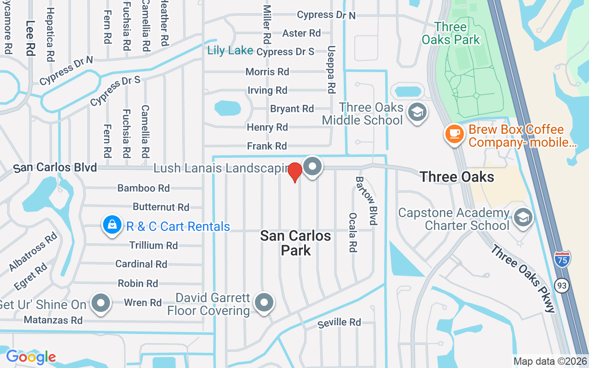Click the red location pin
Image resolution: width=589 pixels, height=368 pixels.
[295, 172]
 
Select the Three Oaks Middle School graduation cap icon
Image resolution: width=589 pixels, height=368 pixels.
[417, 112]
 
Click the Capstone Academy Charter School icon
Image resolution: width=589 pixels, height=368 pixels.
[523, 218]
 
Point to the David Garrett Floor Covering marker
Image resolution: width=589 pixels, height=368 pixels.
[264, 303]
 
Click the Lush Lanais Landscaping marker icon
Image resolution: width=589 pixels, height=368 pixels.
[313, 167]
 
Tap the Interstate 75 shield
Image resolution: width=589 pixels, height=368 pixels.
[562, 259]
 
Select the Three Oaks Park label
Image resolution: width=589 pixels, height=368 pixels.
[450, 33]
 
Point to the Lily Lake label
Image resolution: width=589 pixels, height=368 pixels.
[230, 50]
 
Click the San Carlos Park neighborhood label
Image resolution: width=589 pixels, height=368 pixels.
[295, 243]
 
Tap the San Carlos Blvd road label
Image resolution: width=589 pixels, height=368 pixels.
[55, 168]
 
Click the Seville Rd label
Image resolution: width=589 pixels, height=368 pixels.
[340, 323]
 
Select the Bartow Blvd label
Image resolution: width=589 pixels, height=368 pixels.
[366, 201]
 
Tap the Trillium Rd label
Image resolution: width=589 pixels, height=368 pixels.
[153, 245]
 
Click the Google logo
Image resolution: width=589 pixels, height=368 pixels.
[31, 356]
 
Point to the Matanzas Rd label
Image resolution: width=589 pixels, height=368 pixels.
[53, 320]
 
